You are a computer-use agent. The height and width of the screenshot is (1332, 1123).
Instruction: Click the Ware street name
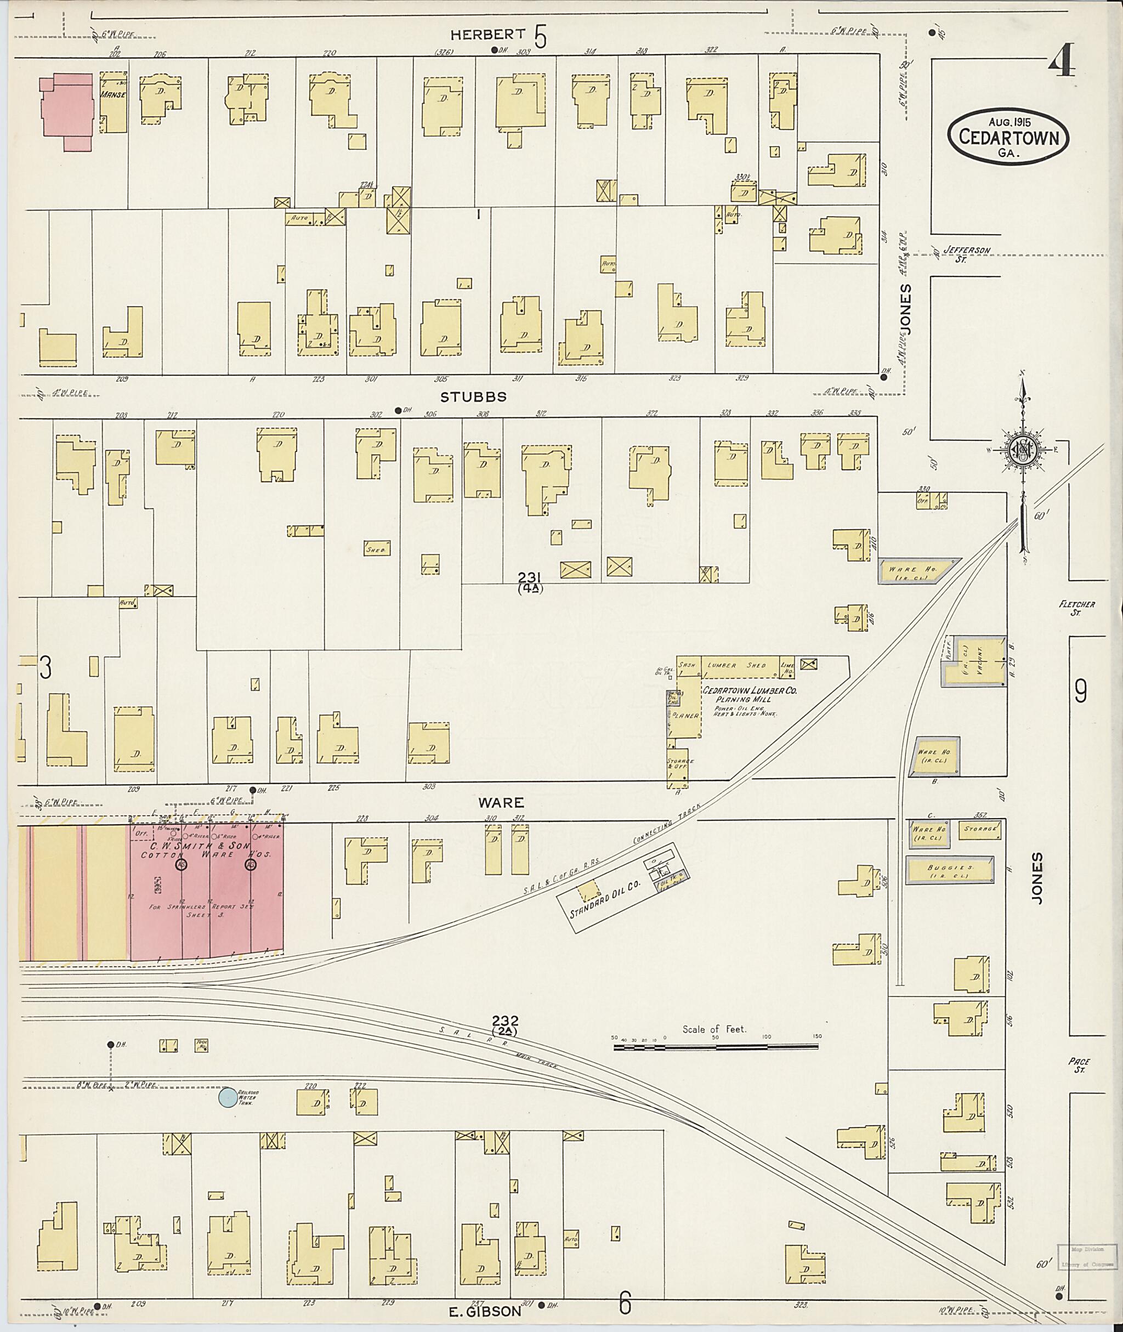(501, 802)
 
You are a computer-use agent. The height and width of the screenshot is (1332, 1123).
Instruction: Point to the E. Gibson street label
(486, 1311)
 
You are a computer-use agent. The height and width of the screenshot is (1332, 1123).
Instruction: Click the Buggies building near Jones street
(949, 870)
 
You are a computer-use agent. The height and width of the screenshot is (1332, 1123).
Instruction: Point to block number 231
(530, 577)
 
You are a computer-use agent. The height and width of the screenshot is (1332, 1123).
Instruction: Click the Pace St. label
(1080, 1065)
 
